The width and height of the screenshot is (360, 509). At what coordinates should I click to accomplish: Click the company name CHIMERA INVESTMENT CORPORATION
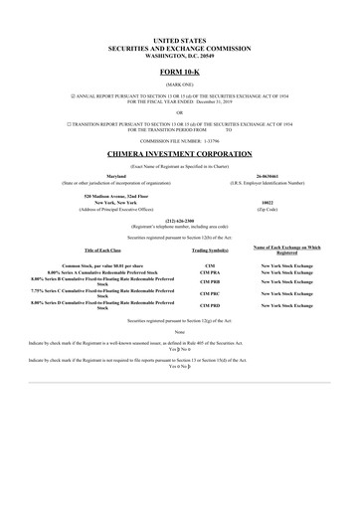tap(179, 155)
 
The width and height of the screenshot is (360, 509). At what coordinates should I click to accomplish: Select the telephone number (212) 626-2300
tap(179, 221)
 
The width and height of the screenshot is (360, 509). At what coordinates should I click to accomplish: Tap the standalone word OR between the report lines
tap(179, 112)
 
